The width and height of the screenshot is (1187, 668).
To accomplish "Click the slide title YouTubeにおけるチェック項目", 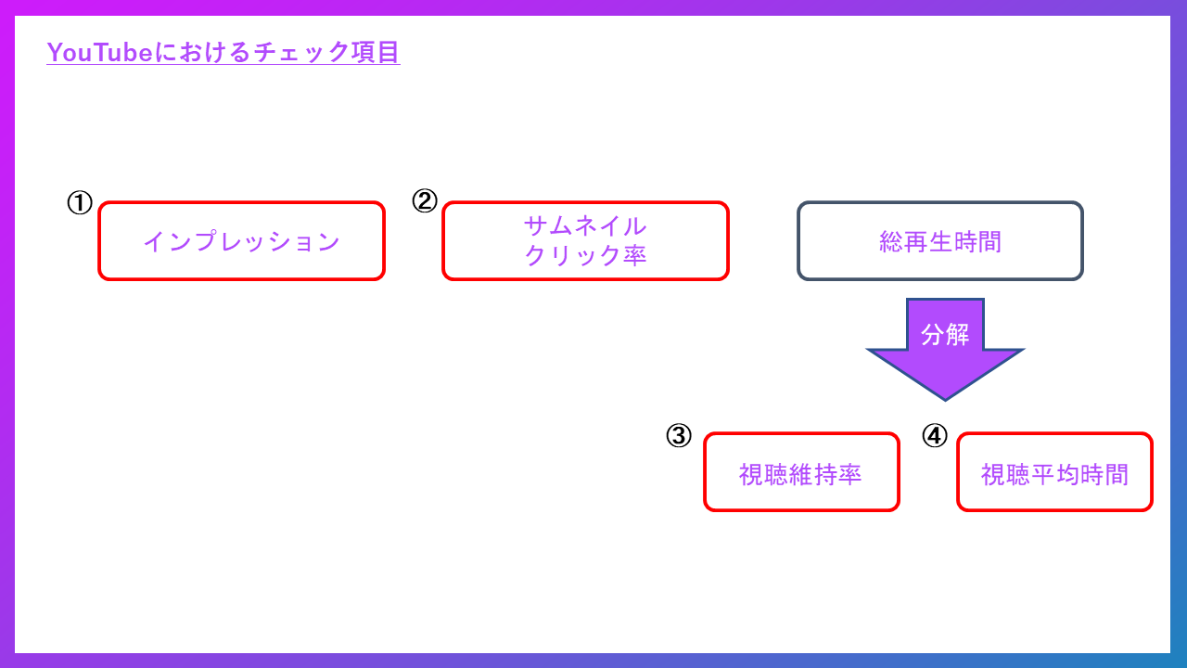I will click(223, 53).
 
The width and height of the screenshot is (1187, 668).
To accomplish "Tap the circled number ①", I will click(80, 203).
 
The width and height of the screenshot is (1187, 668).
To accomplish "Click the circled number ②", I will click(424, 201).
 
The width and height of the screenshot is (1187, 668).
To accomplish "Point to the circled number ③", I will click(679, 435).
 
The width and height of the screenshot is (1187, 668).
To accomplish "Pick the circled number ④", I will click(935, 435).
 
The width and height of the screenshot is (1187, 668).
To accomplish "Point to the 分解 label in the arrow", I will click(945, 335).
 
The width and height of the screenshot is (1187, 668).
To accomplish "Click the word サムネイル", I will click(585, 226).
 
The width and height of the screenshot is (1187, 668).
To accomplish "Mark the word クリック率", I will click(585, 256).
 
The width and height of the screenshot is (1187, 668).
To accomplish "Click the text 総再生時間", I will click(940, 242).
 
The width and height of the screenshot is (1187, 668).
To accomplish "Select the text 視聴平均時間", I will click(1054, 474).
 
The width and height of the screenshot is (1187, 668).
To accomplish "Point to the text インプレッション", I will click(241, 242).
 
